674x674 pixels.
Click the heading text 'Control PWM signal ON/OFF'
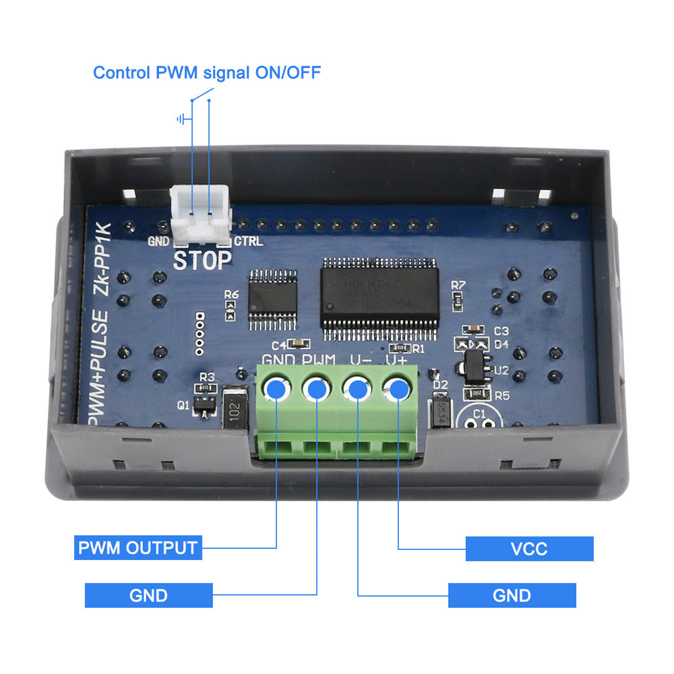[x=206, y=72]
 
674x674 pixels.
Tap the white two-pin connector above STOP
[x=200, y=215]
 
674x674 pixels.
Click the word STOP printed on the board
[x=202, y=260]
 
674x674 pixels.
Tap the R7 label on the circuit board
[x=459, y=284]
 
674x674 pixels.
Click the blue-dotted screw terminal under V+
[x=398, y=389]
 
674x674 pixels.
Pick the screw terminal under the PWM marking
[x=317, y=389]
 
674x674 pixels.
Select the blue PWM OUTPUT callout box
[x=138, y=547]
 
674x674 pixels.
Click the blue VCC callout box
[x=529, y=549]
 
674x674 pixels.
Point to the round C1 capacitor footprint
[x=479, y=419]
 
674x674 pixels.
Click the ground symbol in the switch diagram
[x=181, y=120]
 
